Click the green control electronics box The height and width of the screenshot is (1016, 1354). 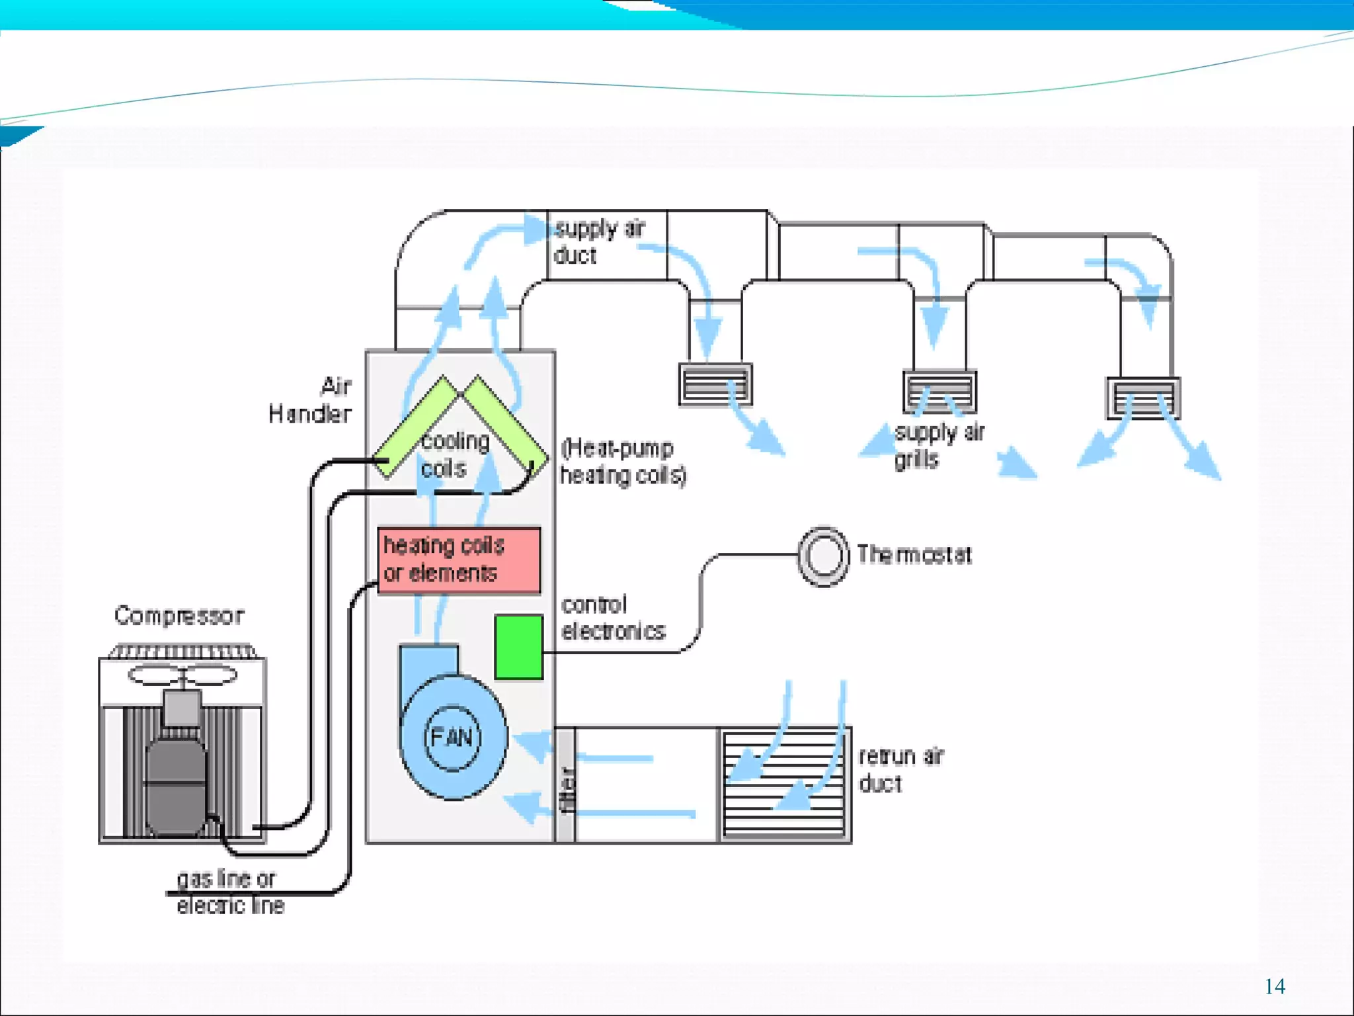click(x=518, y=647)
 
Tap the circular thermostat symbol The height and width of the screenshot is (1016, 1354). click(x=823, y=556)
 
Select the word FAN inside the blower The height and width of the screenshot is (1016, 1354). click(x=452, y=737)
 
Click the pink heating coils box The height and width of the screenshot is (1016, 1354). click(x=459, y=560)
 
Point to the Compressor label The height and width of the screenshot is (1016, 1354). click(x=179, y=616)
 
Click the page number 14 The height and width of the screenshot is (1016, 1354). click(x=1274, y=986)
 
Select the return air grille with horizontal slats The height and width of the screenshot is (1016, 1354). click(x=784, y=784)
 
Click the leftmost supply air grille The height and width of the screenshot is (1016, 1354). click(x=715, y=384)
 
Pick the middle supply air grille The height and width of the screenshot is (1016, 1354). click(x=939, y=392)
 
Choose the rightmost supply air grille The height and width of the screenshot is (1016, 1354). click(x=1143, y=398)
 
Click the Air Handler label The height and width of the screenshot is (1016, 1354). click(x=311, y=400)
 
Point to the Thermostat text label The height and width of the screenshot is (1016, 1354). click(x=914, y=555)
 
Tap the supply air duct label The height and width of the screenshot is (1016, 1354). click(x=598, y=242)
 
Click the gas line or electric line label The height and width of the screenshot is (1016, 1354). click(x=229, y=892)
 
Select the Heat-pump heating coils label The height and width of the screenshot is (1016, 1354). click(x=623, y=461)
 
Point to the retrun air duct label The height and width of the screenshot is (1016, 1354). click(x=900, y=770)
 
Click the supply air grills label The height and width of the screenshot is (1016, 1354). click(x=939, y=445)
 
